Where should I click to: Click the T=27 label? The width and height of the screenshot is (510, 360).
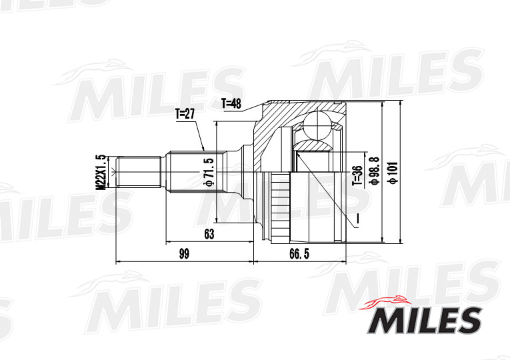click(185, 114)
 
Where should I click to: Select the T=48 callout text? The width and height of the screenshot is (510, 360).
click(231, 103)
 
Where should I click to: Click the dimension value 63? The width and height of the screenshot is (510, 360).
click(209, 233)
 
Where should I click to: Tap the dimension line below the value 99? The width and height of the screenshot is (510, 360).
click(185, 261)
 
